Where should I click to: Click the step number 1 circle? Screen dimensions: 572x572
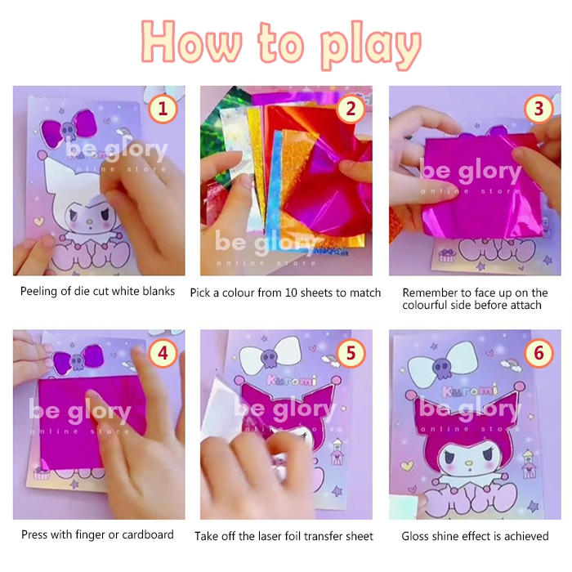point(163,109)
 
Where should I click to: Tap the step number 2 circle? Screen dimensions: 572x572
point(351,109)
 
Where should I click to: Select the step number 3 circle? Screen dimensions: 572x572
point(538,109)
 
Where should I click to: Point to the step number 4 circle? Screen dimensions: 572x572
point(163,353)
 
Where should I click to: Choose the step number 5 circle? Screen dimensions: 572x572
point(351,353)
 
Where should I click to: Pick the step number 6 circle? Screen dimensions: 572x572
point(538,353)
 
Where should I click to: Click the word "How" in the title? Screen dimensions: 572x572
point(191,42)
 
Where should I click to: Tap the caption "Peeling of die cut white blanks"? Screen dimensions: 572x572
point(97,291)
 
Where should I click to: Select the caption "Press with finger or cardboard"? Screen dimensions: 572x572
point(97,534)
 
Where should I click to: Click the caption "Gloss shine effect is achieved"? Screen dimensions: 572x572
point(475,536)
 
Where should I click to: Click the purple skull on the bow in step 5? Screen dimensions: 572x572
point(270,357)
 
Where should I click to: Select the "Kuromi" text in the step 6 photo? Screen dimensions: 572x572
point(470,391)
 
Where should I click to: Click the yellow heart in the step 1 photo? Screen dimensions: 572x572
point(38,221)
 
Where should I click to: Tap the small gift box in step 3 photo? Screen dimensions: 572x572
point(447,255)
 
